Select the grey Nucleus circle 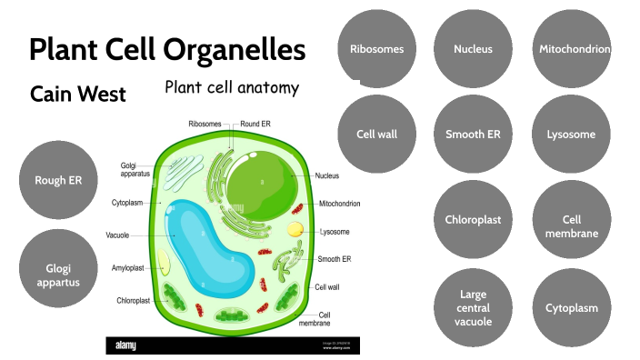tap(473, 49)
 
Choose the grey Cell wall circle tap(376, 135)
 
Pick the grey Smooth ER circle tap(473, 135)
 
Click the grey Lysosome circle tap(571, 135)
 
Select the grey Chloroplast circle tap(473, 220)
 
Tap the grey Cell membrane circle tap(571, 220)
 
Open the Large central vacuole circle tap(473, 307)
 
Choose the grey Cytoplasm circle tap(571, 307)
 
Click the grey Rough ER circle tap(58, 180)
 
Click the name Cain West tap(77, 94)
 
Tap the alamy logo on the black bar tap(126, 345)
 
